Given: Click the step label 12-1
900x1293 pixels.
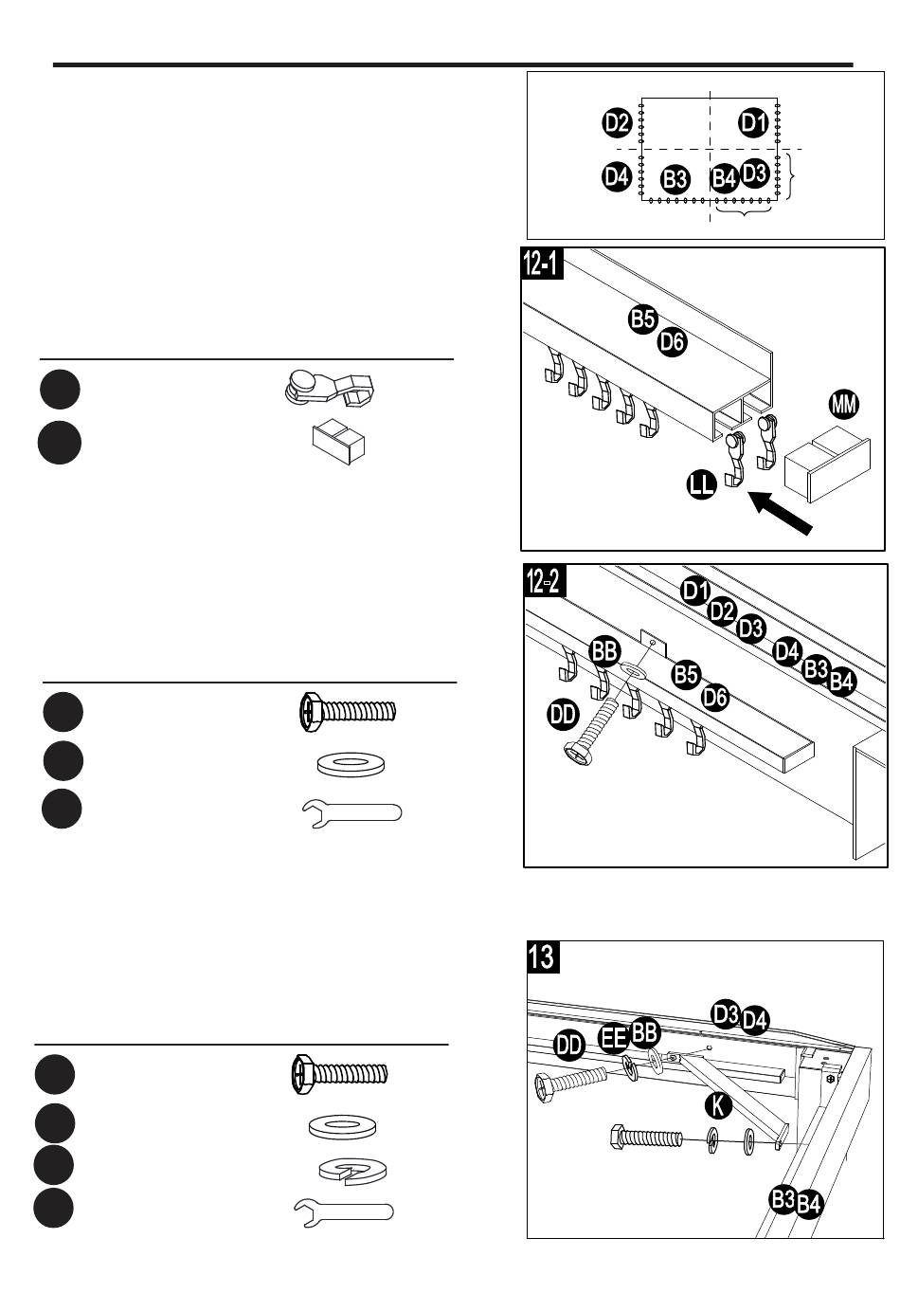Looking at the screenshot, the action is (x=542, y=264).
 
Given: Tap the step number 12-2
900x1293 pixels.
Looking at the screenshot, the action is (x=545, y=581).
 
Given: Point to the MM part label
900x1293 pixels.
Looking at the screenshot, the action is (x=844, y=404).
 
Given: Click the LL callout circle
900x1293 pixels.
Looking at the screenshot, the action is (x=702, y=484).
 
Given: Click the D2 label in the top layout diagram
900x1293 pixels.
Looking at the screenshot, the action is (x=618, y=123).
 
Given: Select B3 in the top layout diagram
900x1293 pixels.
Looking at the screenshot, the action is (x=675, y=179).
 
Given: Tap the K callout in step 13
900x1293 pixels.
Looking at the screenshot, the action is (x=719, y=1106).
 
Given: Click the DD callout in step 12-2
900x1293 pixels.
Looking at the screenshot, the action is (x=563, y=715).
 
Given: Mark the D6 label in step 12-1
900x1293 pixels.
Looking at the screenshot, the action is (x=672, y=341).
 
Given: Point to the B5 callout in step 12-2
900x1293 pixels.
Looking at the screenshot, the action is (x=686, y=674).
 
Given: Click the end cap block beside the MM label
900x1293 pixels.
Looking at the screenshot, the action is (x=827, y=464).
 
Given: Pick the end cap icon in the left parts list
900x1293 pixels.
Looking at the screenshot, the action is (x=338, y=442).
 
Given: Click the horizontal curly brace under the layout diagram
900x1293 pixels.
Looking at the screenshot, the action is (x=744, y=210).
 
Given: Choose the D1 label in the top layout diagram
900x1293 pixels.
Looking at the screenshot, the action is (x=753, y=122).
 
